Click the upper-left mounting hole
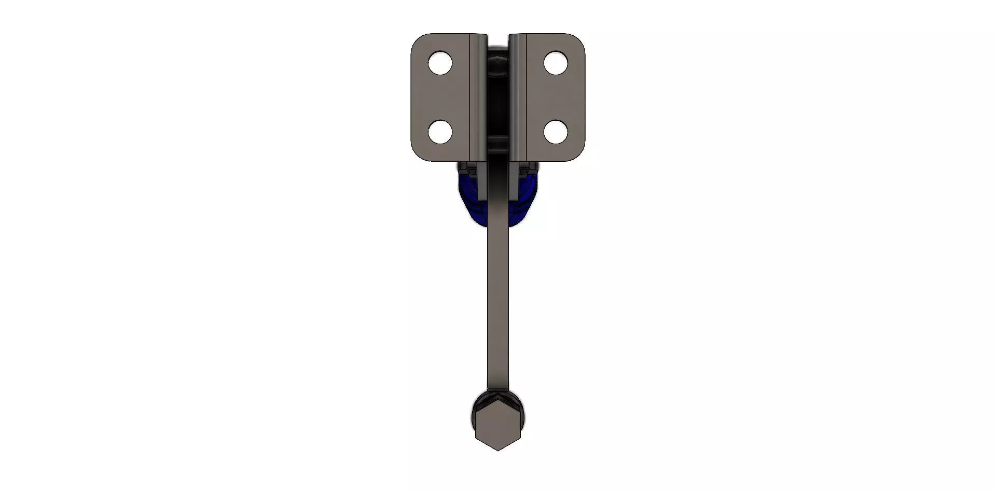point(440,63)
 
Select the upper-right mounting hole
point(555,63)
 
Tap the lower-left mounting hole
point(440,132)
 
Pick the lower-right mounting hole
point(555,132)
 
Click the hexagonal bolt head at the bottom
point(497,428)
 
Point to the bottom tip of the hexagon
point(497,450)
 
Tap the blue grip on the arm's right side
point(525,200)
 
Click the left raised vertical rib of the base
point(479,96)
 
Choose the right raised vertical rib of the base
point(517,96)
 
